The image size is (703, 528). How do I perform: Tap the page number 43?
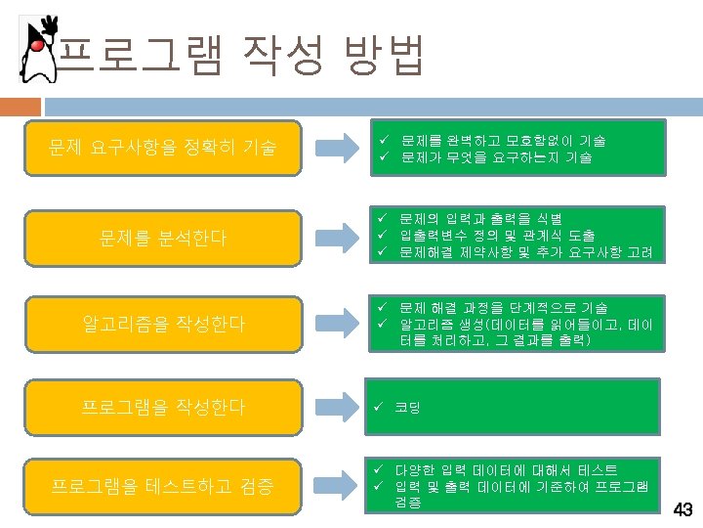[x=683, y=509]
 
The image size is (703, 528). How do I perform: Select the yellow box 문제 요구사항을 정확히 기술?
[x=162, y=149]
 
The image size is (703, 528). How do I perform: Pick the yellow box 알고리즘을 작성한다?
[x=162, y=322]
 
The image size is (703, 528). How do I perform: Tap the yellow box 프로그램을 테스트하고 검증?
[x=162, y=485]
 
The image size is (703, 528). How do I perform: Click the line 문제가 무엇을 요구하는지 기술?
[x=495, y=157]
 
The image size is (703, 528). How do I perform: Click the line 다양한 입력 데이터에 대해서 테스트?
[x=506, y=470]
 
